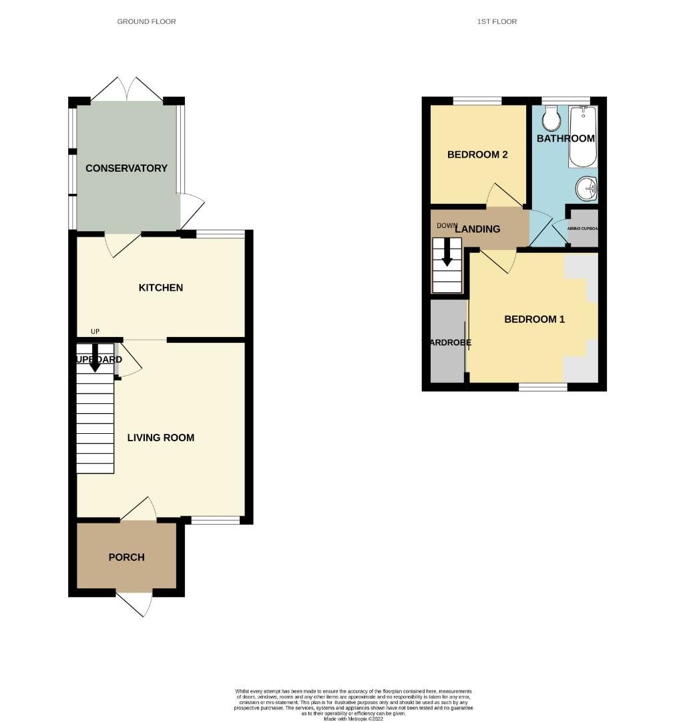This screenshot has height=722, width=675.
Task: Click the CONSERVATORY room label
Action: coord(126,168)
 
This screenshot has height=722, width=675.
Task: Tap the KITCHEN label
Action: coord(160,287)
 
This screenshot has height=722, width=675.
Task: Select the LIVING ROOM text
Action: coord(161,438)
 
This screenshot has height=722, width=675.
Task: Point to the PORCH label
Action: coord(126,557)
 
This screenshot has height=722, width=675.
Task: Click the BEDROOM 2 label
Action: coord(477,154)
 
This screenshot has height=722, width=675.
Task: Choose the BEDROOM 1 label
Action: coord(534,319)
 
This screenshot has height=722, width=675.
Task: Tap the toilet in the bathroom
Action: coord(551,120)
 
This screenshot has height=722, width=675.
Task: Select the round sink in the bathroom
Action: coord(587,188)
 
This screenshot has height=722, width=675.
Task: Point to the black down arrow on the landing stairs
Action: coord(447,251)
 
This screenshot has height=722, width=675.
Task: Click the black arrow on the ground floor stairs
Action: coord(95,356)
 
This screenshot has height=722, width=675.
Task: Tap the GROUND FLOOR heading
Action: coord(146,21)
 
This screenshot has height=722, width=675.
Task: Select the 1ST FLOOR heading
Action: coord(497,21)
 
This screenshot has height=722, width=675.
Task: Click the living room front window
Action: coord(216,520)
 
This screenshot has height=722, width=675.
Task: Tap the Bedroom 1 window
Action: coord(543,386)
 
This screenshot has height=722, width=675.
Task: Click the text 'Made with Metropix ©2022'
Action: coord(354,719)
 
